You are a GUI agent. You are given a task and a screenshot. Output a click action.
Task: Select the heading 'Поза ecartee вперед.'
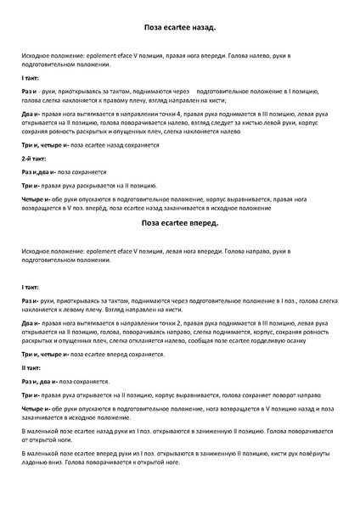click(x=180, y=223)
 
